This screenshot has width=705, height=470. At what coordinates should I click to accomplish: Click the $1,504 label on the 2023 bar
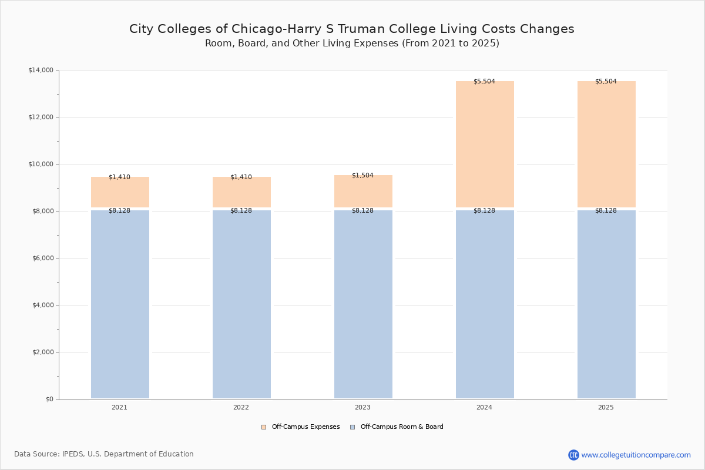pyautogui.click(x=362, y=175)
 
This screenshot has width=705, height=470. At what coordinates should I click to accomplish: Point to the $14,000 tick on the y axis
pyautogui.click(x=41, y=70)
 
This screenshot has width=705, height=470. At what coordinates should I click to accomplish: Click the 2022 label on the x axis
pyautogui.click(x=241, y=407)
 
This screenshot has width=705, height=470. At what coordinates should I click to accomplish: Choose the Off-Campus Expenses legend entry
pyautogui.click(x=301, y=427)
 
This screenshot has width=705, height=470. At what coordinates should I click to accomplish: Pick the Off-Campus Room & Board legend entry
pyautogui.click(x=397, y=427)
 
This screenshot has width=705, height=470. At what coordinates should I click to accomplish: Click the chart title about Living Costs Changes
pyautogui.click(x=352, y=29)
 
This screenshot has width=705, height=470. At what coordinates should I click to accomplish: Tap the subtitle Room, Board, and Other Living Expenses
pyautogui.click(x=352, y=43)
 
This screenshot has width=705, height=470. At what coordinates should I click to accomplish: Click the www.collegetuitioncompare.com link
pyautogui.click(x=636, y=455)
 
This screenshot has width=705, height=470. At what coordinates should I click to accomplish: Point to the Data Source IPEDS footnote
pyautogui.click(x=104, y=454)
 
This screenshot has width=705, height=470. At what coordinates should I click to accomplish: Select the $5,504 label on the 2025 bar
pyautogui.click(x=606, y=81)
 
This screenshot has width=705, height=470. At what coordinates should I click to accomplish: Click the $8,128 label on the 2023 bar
pyautogui.click(x=362, y=210)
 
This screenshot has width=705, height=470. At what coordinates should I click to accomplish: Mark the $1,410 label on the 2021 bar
pyautogui.click(x=119, y=177)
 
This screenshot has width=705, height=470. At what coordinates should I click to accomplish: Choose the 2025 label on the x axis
pyautogui.click(x=606, y=407)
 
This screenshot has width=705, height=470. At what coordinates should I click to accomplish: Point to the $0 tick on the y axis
pyautogui.click(x=49, y=399)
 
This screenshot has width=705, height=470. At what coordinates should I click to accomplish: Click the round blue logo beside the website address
pyautogui.click(x=573, y=455)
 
